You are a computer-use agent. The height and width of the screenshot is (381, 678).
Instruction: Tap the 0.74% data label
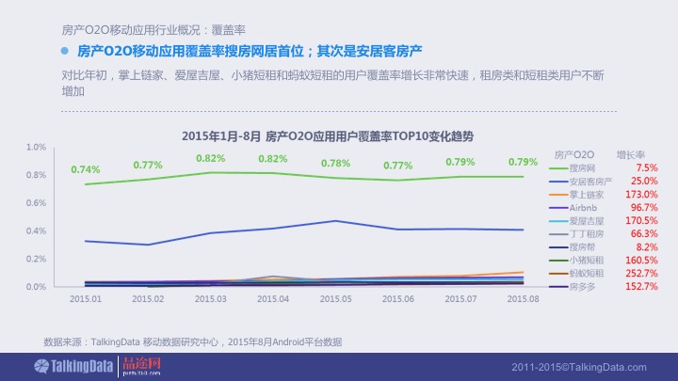click(x=86, y=169)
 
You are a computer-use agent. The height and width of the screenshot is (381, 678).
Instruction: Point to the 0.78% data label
click(x=335, y=163)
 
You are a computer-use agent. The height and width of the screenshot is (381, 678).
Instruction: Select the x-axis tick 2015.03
click(x=210, y=298)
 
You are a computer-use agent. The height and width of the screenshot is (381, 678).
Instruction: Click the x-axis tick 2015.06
click(x=398, y=298)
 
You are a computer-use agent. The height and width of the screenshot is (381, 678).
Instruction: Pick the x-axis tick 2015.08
click(x=523, y=298)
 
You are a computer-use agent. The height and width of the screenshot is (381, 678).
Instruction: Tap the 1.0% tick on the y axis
click(x=37, y=148)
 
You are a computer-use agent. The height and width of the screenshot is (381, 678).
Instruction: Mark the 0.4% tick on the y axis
click(x=37, y=230)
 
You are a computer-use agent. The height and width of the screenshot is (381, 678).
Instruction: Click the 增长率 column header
click(x=630, y=153)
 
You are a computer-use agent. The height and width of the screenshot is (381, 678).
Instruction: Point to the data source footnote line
click(x=193, y=341)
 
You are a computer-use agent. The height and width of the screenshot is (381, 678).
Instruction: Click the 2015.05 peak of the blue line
click(x=335, y=220)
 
